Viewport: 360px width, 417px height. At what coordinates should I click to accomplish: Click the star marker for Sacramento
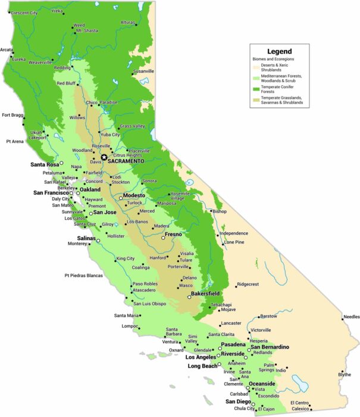pos(104,157)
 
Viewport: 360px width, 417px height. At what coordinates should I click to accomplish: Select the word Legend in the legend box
pos(280,51)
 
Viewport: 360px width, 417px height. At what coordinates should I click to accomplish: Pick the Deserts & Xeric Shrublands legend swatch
pos(256,67)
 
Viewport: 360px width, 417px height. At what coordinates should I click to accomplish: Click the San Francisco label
pos(51,193)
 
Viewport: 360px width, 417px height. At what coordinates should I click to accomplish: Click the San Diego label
pos(237,402)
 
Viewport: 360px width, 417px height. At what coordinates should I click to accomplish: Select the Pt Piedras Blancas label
pos(83,276)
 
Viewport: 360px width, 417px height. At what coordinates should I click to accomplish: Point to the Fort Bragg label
pos(12,115)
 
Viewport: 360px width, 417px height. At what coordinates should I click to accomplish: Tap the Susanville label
pos(143,71)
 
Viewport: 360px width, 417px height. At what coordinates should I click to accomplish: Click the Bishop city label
pos(220,211)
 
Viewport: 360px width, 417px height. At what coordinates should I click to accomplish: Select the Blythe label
pos(345,374)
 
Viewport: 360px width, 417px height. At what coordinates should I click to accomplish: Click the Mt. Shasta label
pos(87,30)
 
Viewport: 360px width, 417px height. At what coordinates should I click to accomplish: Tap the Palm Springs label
pos(269,368)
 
